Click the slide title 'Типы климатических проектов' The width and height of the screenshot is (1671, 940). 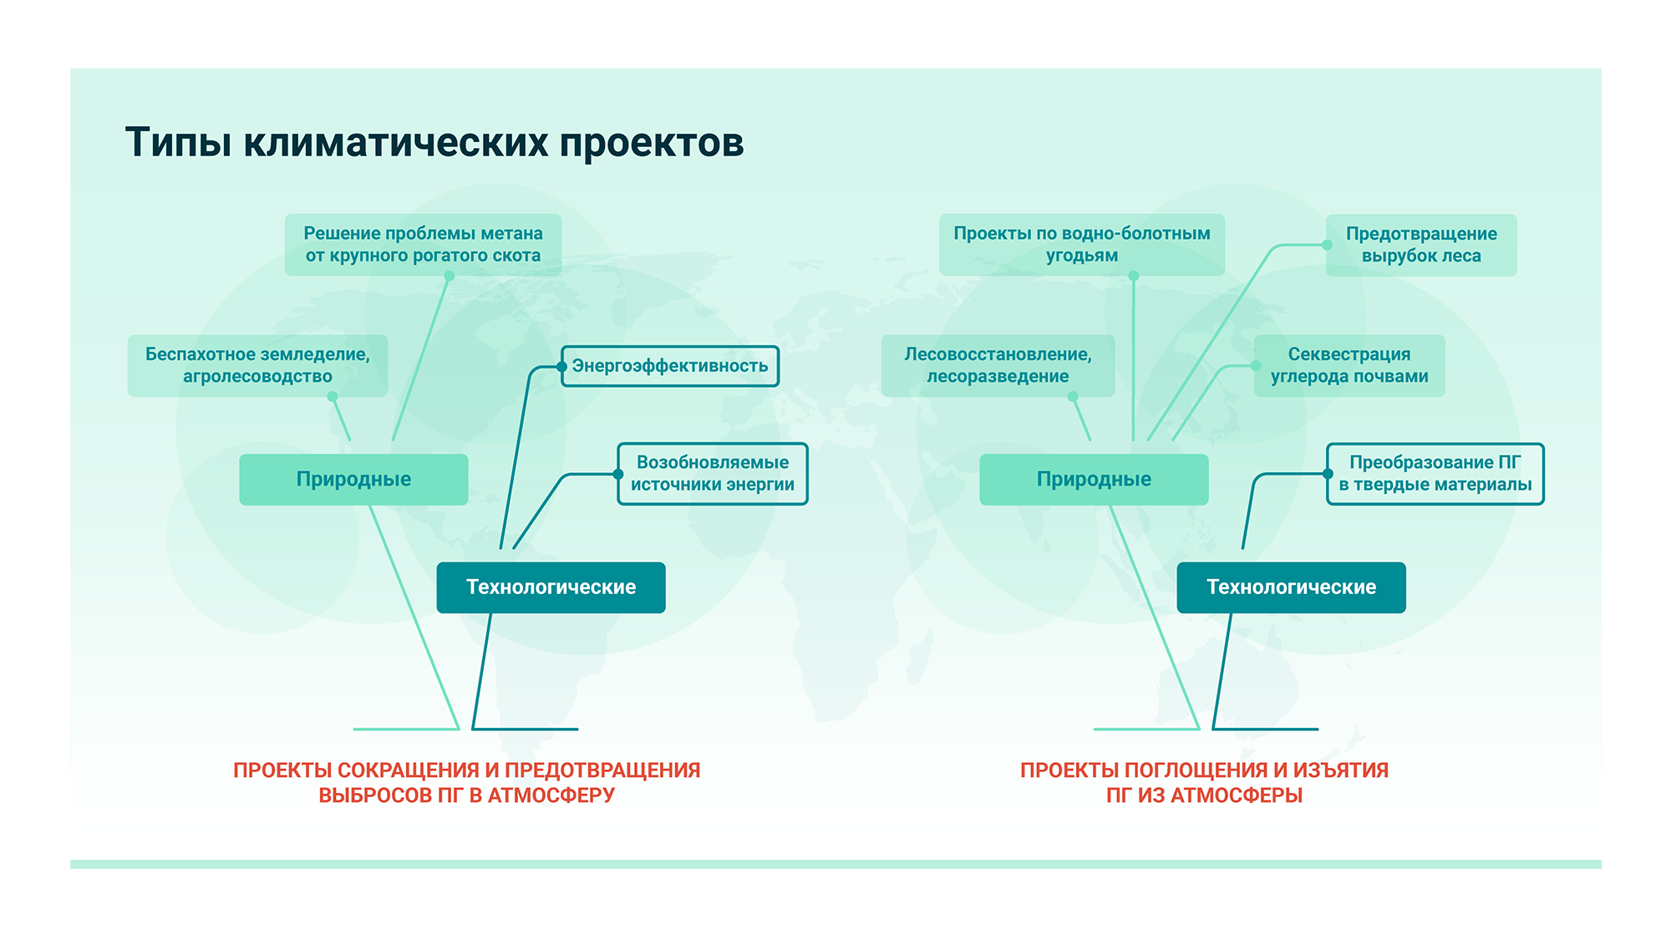pyautogui.click(x=434, y=142)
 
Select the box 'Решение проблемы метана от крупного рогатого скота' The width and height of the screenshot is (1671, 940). pyautogui.click(x=423, y=245)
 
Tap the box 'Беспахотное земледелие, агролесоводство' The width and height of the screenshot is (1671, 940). pyautogui.click(x=257, y=365)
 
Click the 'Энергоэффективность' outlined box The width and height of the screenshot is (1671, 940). pyautogui.click(x=670, y=366)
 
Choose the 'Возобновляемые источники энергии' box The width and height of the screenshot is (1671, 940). pyautogui.click(x=713, y=474)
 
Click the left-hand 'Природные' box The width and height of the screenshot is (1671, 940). pyautogui.click(x=353, y=480)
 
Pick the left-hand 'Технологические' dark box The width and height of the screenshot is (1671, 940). pyautogui.click(x=551, y=587)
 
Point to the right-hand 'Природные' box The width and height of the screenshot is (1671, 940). pyautogui.click(x=1094, y=480)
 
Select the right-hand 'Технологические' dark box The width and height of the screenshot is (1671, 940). pyautogui.click(x=1291, y=587)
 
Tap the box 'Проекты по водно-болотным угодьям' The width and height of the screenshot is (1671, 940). pyautogui.click(x=1082, y=245)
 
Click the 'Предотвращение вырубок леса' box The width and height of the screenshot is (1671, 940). pyautogui.click(x=1421, y=245)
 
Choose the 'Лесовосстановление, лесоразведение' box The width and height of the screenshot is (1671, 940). pyautogui.click(x=998, y=365)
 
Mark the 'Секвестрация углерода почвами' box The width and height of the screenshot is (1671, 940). pyautogui.click(x=1349, y=365)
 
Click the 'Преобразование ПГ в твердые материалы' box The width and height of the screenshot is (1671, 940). pyautogui.click(x=1435, y=474)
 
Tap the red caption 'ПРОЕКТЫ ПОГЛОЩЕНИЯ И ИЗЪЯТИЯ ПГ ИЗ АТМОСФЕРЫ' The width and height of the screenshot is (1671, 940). pyautogui.click(x=1204, y=782)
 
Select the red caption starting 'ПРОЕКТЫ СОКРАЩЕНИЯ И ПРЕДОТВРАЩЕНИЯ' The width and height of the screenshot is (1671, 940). pyautogui.click(x=466, y=782)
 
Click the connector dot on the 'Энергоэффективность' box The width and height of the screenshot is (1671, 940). pyautogui.click(x=562, y=367)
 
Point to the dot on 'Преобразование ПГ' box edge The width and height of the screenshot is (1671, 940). pyautogui.click(x=1328, y=474)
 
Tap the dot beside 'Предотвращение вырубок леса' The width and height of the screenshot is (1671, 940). pyautogui.click(x=1327, y=245)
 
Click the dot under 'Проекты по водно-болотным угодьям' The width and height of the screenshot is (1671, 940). pyautogui.click(x=1134, y=276)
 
